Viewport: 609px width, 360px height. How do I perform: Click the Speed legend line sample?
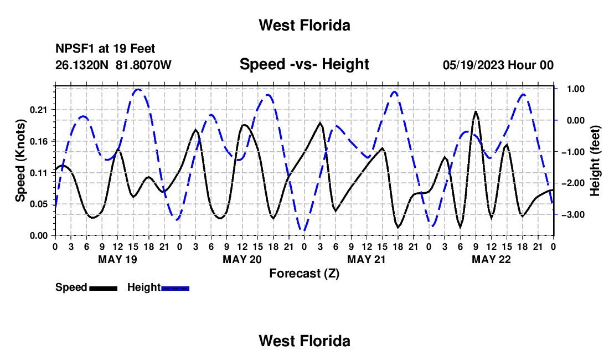(104, 288)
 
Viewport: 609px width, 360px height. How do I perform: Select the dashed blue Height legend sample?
(175, 288)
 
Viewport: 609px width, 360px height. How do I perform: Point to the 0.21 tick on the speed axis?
(38, 110)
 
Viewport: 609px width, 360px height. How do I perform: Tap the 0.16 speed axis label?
(38, 142)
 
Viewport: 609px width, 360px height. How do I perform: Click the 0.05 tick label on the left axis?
(38, 204)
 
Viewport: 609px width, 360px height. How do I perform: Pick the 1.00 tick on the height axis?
(576, 89)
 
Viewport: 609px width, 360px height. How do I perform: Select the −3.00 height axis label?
(573, 215)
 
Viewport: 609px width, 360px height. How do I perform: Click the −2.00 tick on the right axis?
(573, 183)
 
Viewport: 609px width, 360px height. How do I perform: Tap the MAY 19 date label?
(118, 259)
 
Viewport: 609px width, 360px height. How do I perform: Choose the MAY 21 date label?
(367, 259)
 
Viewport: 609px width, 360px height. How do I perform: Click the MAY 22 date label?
(491, 259)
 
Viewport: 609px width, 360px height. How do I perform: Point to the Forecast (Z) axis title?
(304, 274)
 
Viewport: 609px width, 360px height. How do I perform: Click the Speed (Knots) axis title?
(20, 161)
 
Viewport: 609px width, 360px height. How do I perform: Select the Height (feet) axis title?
(595, 161)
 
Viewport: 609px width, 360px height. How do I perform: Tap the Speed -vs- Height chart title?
(304, 64)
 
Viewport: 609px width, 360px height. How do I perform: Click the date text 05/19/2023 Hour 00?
(498, 65)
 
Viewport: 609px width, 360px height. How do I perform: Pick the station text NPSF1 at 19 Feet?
(105, 49)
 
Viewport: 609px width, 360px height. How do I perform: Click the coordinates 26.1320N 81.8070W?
(113, 65)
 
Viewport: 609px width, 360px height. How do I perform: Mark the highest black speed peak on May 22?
(476, 112)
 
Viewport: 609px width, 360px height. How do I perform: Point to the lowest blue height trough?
(304, 230)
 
